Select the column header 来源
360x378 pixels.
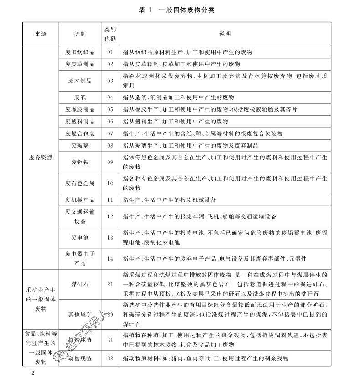[x=41, y=34]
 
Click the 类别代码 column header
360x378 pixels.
[x=110, y=34]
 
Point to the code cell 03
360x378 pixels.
[x=110, y=81]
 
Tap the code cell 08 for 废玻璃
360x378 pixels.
[x=110, y=146]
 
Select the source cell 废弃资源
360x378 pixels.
[x=41, y=158]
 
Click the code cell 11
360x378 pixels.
[x=110, y=200]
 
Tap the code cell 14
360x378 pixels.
[x=110, y=259]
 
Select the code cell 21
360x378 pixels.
[x=110, y=284]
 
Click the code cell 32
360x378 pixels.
[x=110, y=359]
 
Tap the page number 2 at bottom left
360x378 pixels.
[x=32, y=373]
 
